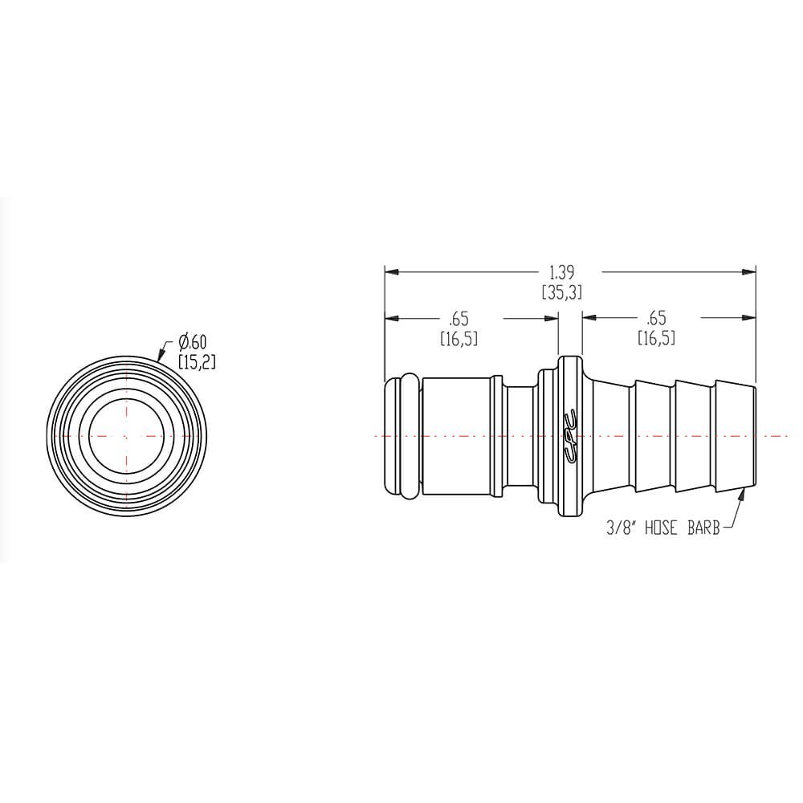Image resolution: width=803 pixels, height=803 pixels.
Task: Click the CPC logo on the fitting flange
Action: pyautogui.click(x=569, y=435)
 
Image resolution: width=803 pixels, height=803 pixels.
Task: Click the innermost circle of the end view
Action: pyautogui.click(x=125, y=435)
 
